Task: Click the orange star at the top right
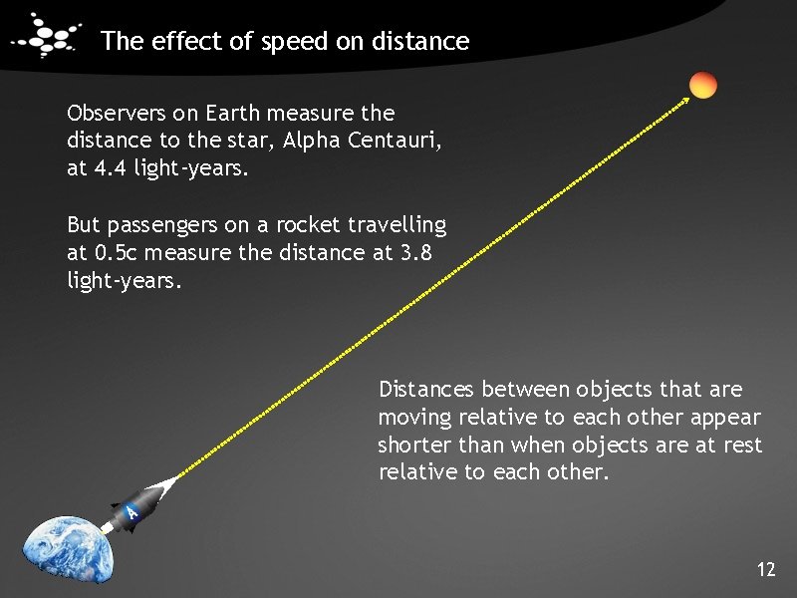(703, 86)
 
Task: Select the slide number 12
(765, 570)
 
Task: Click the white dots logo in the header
(48, 39)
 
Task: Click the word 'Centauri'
(395, 141)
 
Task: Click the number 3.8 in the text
(418, 253)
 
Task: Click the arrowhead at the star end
(687, 98)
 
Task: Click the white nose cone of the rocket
(166, 485)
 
